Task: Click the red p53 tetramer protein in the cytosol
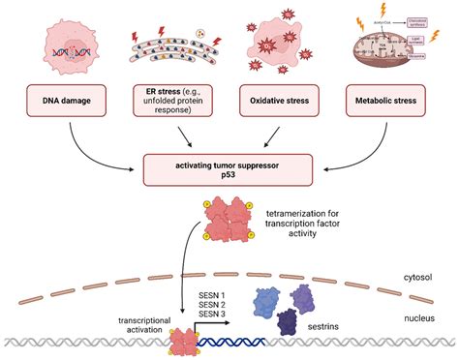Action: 229,221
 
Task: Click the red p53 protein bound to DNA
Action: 183,339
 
